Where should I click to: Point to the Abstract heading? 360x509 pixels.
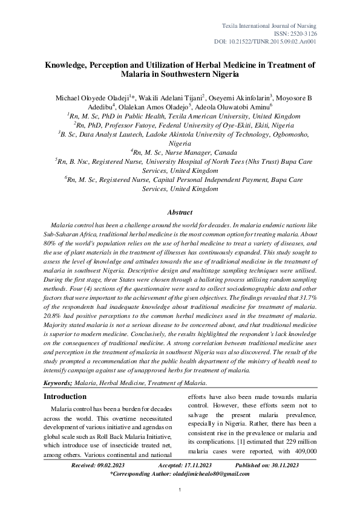[x=180, y=212]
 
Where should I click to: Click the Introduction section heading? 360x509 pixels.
[x=65, y=396]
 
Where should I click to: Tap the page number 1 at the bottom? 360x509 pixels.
[x=180, y=498]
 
